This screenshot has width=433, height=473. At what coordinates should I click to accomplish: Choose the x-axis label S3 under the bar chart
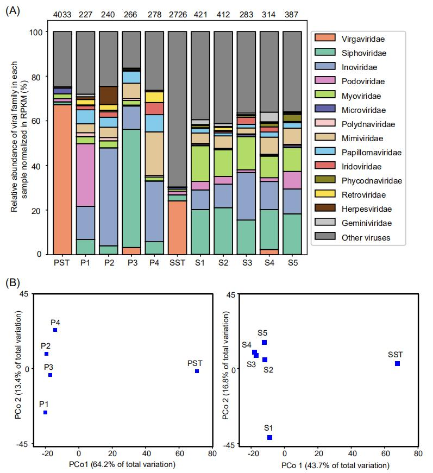(x=246, y=263)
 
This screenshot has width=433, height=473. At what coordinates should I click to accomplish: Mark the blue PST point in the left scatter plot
(x=197, y=371)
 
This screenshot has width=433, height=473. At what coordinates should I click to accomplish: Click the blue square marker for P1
(x=46, y=413)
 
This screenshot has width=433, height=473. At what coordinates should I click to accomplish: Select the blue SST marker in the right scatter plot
(x=397, y=363)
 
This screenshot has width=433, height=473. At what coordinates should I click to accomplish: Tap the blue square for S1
(x=269, y=437)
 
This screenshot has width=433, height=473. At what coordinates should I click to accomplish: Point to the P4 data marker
(x=55, y=330)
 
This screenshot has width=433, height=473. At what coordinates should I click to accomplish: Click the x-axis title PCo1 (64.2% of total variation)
(x=122, y=464)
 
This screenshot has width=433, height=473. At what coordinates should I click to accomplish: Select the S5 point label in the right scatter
(x=262, y=332)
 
